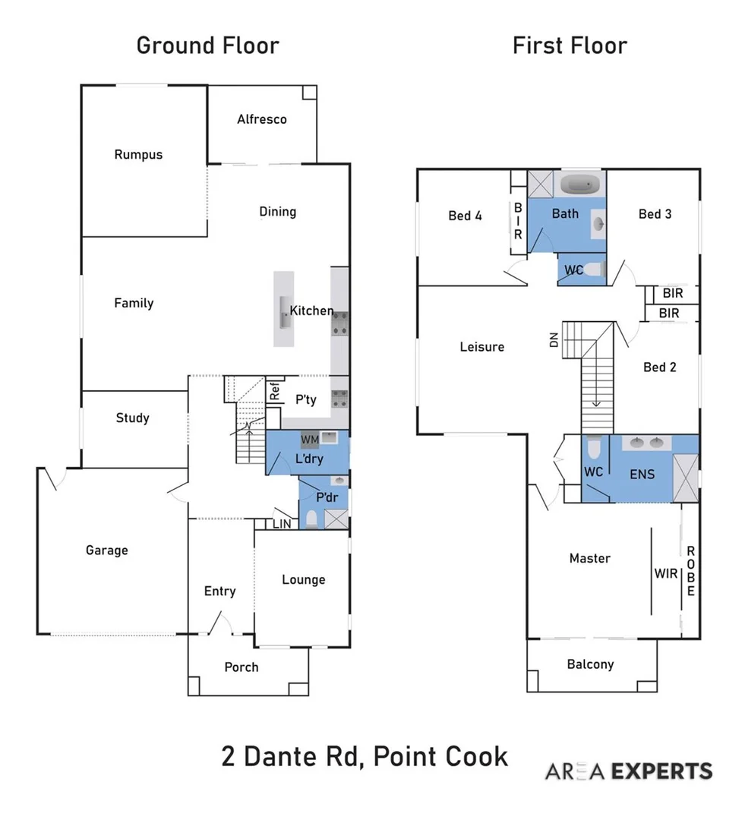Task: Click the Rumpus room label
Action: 138,154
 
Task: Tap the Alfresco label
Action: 261,119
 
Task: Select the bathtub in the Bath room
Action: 580,184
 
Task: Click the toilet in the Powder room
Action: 311,519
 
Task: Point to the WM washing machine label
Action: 310,440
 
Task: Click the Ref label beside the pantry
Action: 274,392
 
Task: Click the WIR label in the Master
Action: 665,573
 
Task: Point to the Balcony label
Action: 590,664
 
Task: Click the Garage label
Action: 106,550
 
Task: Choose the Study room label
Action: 132,418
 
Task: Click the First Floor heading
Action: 570,45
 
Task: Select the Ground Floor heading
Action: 207,45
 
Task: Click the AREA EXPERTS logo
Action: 629,771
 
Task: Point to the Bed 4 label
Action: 465,216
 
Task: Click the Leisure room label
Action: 481,347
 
